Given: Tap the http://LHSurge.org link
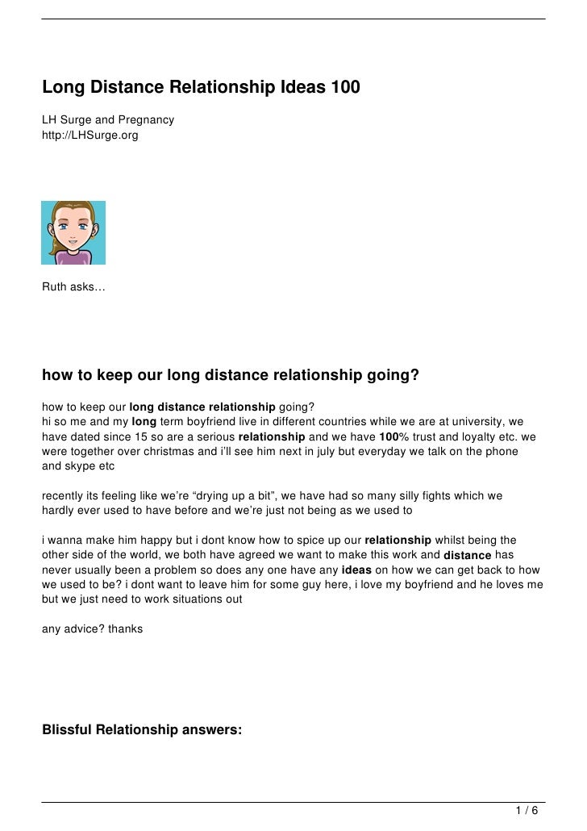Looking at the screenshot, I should pyautogui.click(x=90, y=135).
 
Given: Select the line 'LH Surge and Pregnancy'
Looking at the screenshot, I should pyautogui.click(x=108, y=120).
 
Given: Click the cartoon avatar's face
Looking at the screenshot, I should pyautogui.click(x=73, y=222).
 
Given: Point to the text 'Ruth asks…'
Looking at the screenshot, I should pyautogui.click(x=73, y=288).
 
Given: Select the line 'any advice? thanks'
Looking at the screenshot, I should pyautogui.click(x=92, y=627).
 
